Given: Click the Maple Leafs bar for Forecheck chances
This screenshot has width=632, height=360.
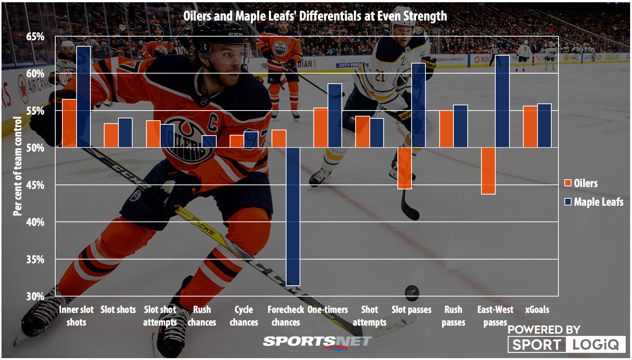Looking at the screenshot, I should pos(293,217).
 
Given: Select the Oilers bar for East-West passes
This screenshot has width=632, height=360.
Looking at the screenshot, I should pos(488,171).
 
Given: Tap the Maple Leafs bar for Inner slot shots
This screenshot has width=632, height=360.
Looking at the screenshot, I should pos(83,97).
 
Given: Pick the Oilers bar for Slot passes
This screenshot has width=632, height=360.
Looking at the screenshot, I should pos(405,168).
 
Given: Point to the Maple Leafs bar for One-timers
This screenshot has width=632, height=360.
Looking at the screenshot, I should pos(335,115).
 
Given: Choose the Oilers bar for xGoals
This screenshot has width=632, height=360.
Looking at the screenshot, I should pos(530,127).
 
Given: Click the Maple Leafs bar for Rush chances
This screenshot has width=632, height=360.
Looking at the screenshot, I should pos(209,142).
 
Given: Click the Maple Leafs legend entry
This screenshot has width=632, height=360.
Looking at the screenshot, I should pos(594,202).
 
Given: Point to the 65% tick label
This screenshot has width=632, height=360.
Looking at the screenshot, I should pos(35,37).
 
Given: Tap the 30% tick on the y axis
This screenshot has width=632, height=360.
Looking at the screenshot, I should pos(35,297).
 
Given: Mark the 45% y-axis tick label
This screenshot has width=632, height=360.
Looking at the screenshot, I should pos(35,185).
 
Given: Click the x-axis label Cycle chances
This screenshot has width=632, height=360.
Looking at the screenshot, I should pos(244,316).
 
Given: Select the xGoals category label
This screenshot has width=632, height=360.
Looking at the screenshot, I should pos(537,310).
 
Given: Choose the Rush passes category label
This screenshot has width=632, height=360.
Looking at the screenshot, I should pos(453,316).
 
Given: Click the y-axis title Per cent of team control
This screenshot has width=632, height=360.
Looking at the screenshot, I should pos(18,166).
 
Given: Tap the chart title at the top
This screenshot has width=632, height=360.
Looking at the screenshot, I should pos(315,16).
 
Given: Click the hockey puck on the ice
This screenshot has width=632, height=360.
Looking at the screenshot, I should pos(412,292).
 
